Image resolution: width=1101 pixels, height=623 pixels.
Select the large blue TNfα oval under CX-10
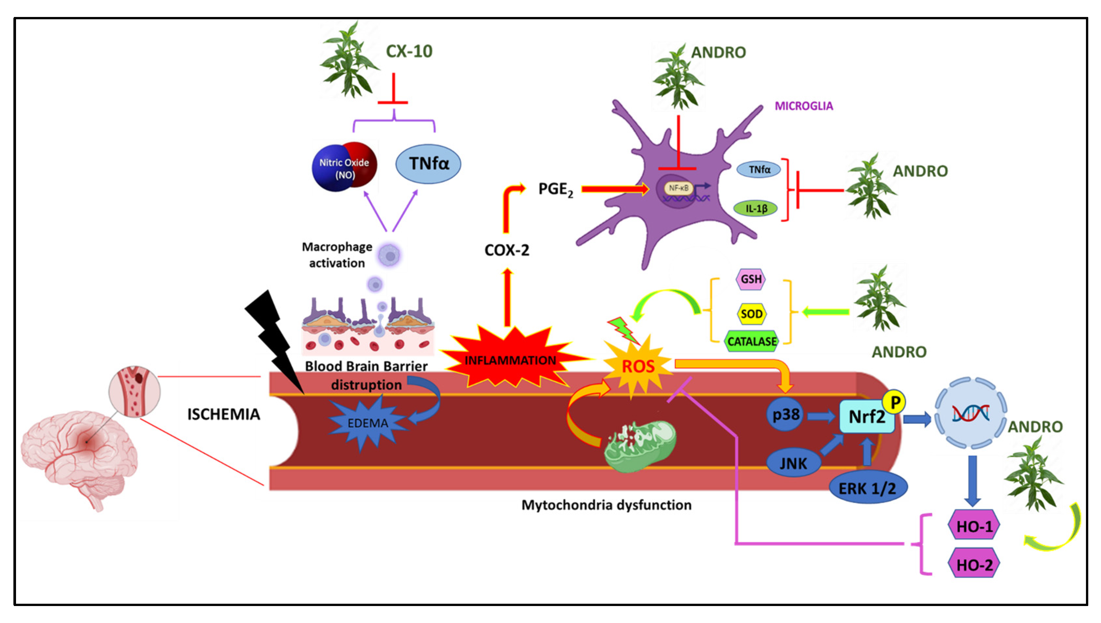point(428,164)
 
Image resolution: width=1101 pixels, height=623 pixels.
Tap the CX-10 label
point(409,51)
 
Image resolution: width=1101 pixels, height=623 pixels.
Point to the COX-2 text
point(507,250)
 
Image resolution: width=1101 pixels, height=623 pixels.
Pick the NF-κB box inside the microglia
point(678,188)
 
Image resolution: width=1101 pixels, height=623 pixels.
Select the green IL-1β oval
point(755,209)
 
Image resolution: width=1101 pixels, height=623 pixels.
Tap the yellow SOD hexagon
point(751,314)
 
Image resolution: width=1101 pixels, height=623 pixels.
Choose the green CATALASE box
point(752,342)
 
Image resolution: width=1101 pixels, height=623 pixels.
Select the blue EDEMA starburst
point(367,423)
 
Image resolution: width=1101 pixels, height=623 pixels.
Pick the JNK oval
point(793,463)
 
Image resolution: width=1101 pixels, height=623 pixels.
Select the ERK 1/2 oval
point(867,488)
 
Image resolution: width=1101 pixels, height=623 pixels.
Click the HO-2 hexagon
point(974,565)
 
